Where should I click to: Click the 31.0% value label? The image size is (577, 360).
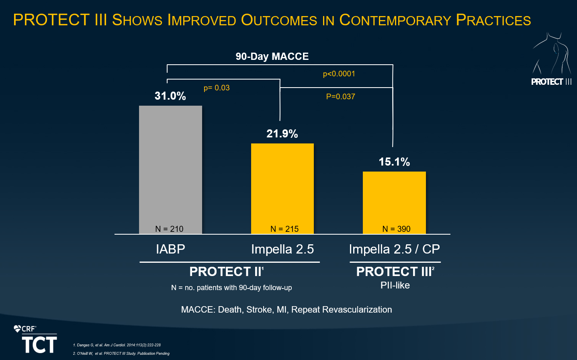pyautogui.click(x=170, y=96)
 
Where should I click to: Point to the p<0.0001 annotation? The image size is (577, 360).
pyautogui.click(x=339, y=74)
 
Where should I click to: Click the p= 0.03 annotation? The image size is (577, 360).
pyautogui.click(x=217, y=88)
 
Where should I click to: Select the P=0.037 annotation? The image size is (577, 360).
pyautogui.click(x=341, y=97)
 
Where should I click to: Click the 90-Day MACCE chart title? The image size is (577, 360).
pyautogui.click(x=272, y=57)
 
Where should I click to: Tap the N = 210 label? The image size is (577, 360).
pyautogui.click(x=169, y=229)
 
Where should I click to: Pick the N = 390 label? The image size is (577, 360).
pyautogui.click(x=396, y=229)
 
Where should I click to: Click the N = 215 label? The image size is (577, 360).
pyautogui.click(x=284, y=229)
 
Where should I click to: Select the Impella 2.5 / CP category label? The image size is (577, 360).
pyautogui.click(x=395, y=249)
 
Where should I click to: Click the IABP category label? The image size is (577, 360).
pyautogui.click(x=170, y=249)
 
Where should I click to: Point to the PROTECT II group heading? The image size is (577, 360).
pyautogui.click(x=226, y=272)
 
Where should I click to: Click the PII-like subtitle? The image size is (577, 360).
pyautogui.click(x=395, y=285)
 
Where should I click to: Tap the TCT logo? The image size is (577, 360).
pyautogui.click(x=39, y=345)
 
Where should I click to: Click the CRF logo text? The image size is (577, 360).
pyautogui.click(x=28, y=329)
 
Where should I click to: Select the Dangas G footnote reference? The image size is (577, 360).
pyautogui.click(x=117, y=345)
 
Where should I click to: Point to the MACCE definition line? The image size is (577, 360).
pyautogui.click(x=286, y=310)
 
